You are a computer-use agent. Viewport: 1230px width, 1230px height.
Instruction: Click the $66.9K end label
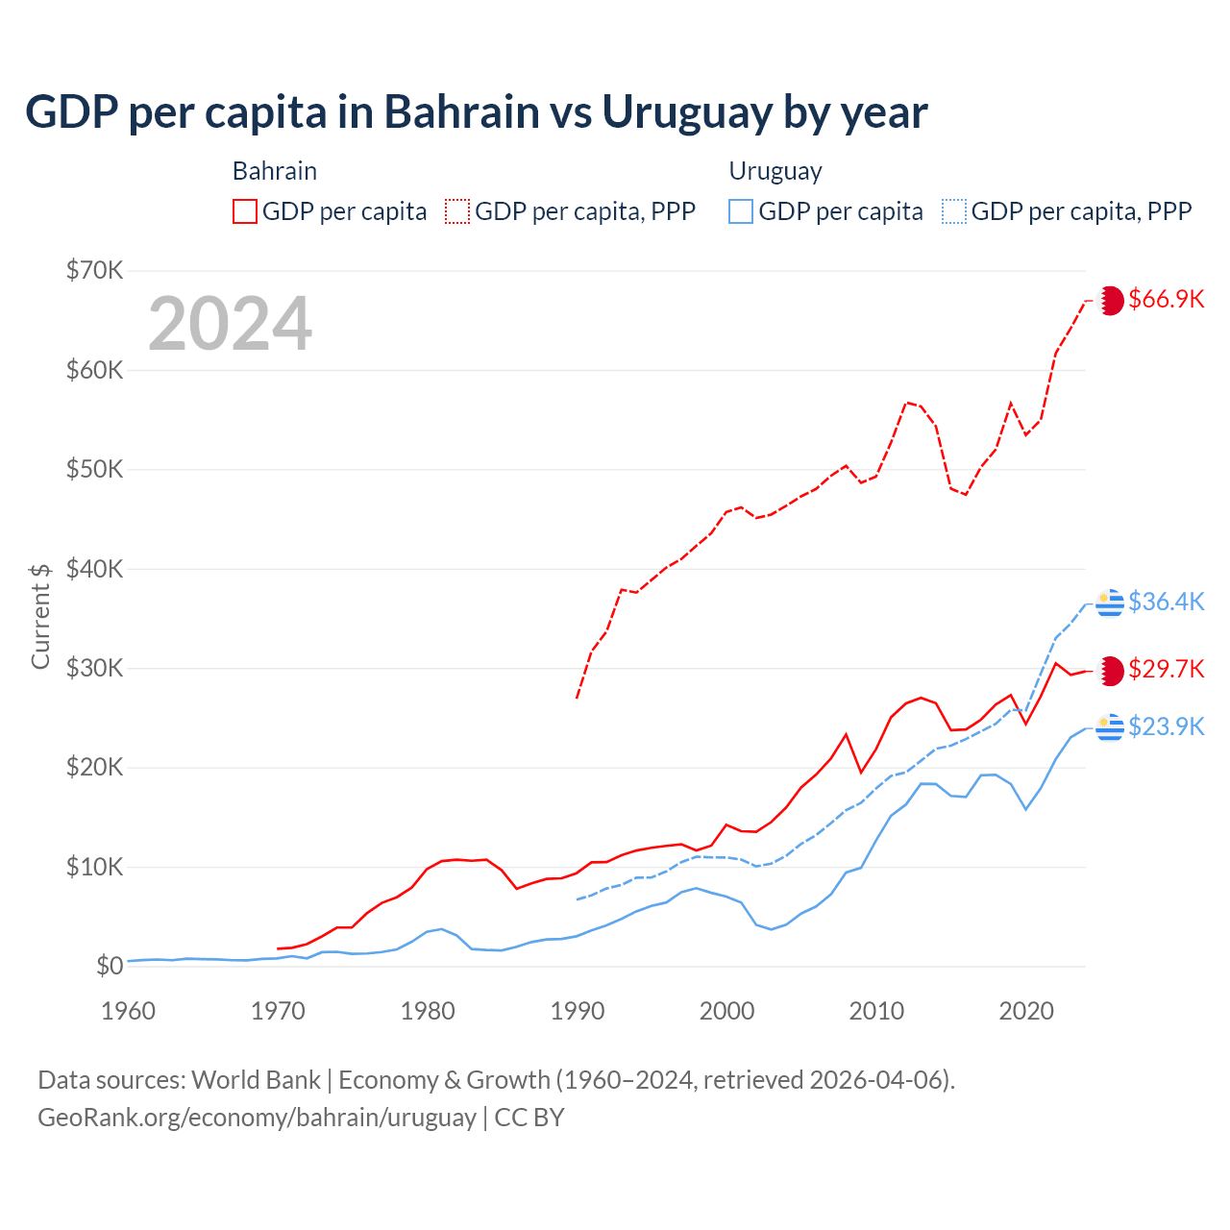tap(1166, 299)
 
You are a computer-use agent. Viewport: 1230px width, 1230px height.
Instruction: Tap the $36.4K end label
tap(1166, 602)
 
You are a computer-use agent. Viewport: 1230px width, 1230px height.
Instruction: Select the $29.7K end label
tap(1166, 669)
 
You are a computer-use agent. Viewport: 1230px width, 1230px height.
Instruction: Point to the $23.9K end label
tap(1166, 726)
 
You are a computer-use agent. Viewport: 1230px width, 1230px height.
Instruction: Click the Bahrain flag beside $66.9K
tap(1111, 300)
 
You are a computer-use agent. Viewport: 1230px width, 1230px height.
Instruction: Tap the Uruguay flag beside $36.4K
tap(1110, 603)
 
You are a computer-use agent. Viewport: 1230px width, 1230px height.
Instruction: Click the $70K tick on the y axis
tap(94, 270)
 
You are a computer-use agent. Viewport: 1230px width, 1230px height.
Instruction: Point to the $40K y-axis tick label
tap(94, 569)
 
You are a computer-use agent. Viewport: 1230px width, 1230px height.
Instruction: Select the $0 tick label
tap(110, 966)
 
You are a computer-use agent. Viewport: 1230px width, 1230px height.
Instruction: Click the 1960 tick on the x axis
tap(128, 1011)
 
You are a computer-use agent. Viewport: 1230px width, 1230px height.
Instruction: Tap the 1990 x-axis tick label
tap(578, 1011)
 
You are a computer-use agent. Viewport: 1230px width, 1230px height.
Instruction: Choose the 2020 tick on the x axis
tap(1026, 1011)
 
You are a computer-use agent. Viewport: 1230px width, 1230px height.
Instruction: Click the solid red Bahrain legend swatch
tap(245, 211)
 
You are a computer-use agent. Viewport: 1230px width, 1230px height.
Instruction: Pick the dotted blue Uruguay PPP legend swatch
tap(954, 211)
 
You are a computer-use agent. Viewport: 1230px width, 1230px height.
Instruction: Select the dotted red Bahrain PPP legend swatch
tap(457, 211)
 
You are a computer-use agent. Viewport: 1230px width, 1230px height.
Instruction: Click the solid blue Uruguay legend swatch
tap(741, 211)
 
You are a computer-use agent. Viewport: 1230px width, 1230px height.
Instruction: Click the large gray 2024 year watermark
tap(231, 324)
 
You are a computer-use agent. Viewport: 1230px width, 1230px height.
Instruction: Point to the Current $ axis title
tap(40, 616)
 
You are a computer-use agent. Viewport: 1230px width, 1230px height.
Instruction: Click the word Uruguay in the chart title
tap(686, 112)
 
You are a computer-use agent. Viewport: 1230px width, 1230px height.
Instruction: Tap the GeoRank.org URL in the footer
tap(257, 1118)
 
